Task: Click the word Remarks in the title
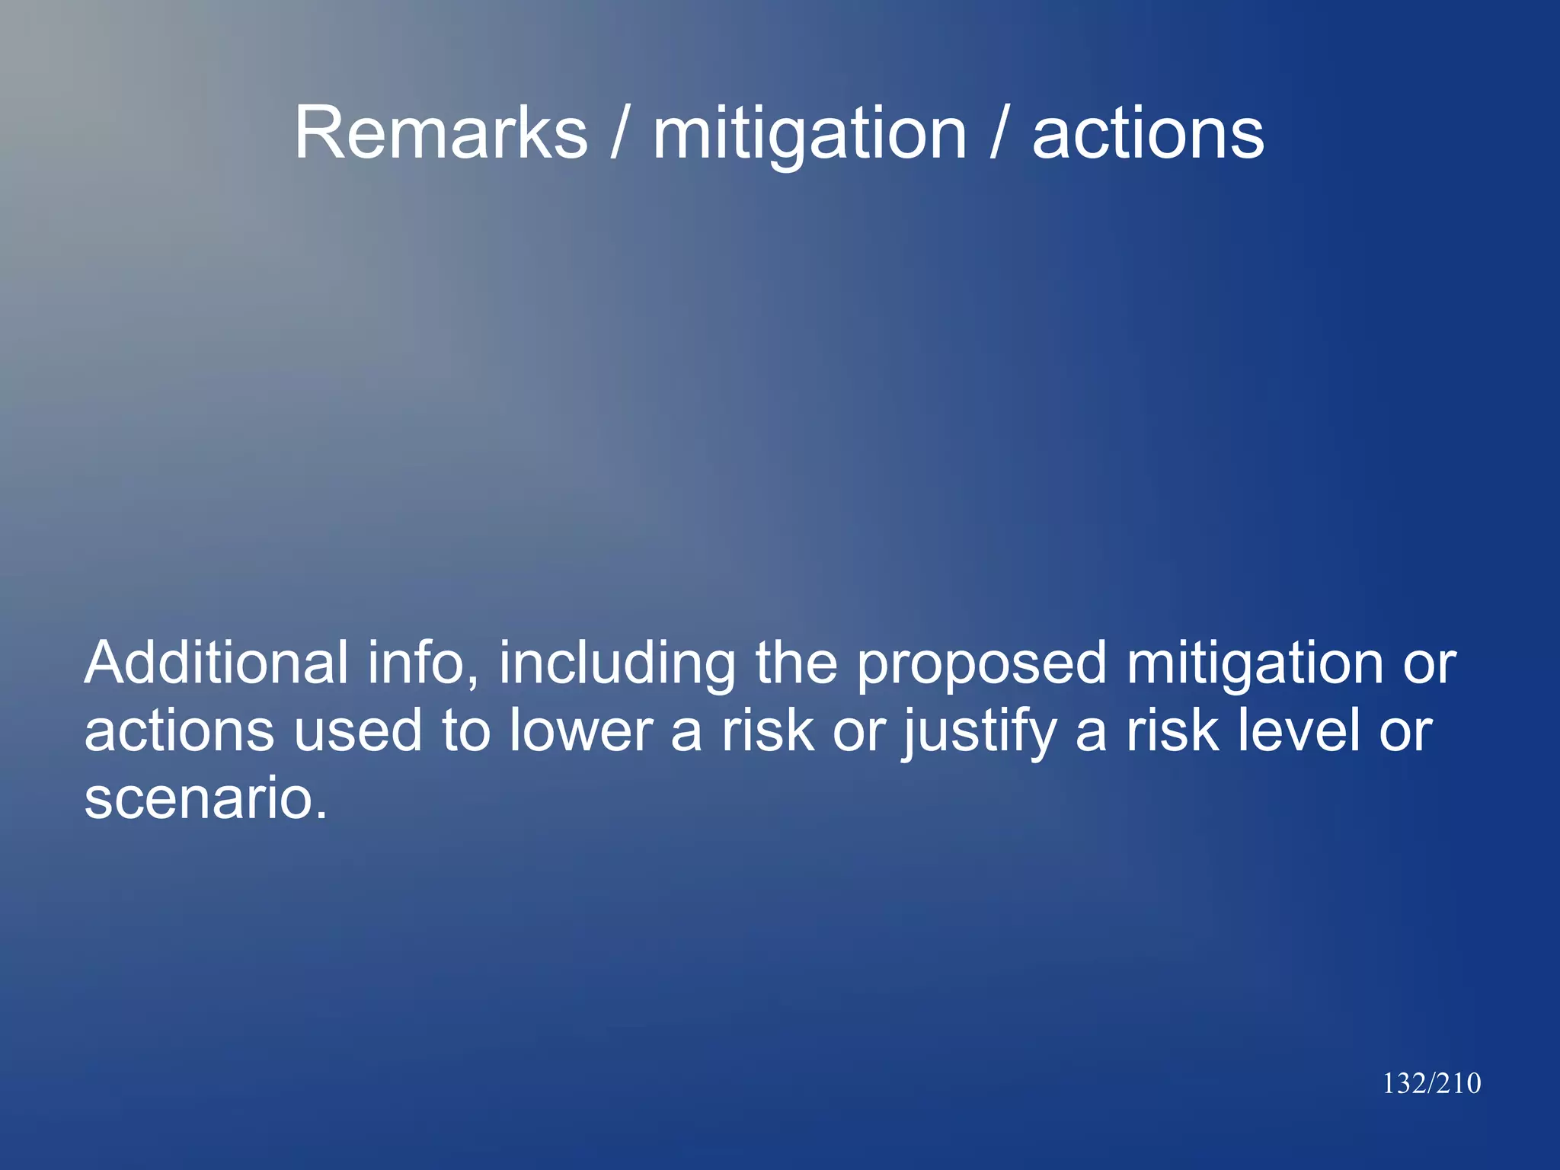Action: pyautogui.click(x=441, y=133)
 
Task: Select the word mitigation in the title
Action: pyautogui.click(x=810, y=135)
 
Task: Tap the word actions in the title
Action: pyautogui.click(x=1148, y=135)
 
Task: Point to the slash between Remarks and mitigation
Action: pyautogui.click(x=620, y=133)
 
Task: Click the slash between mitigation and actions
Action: pyautogui.click(x=999, y=133)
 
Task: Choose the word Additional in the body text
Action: pyautogui.click(x=216, y=663)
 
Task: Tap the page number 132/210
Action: pyautogui.click(x=1431, y=1083)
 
